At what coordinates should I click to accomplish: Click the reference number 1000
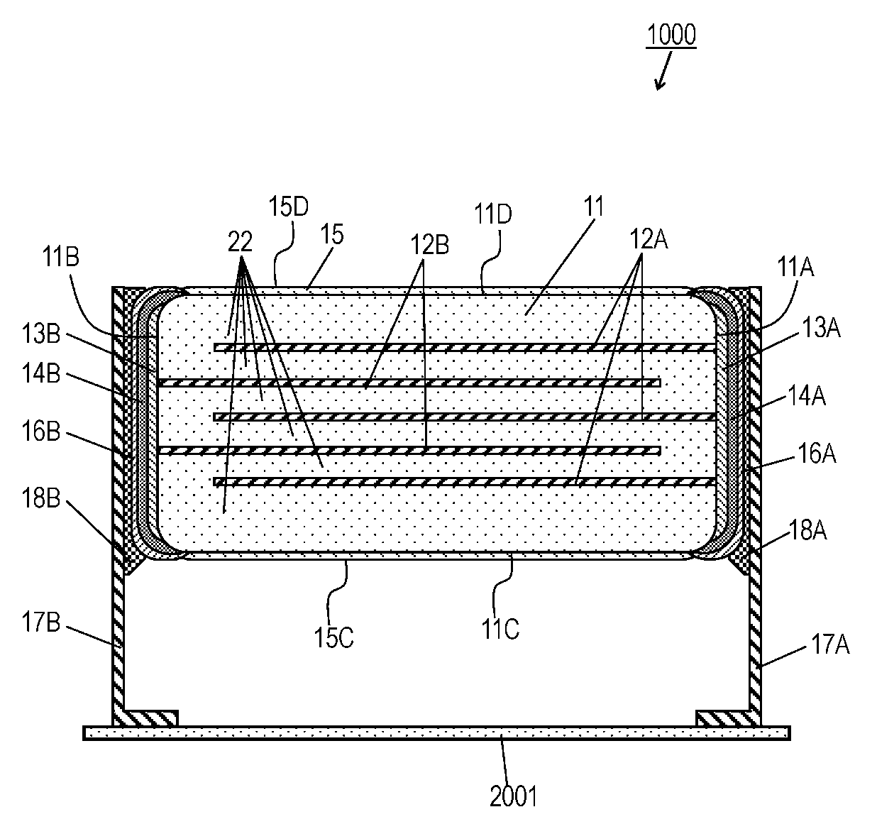click(671, 35)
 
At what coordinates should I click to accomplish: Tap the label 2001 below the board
click(514, 796)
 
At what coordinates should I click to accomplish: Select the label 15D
click(289, 207)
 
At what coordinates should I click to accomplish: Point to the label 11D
click(493, 214)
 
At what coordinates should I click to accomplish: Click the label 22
click(241, 242)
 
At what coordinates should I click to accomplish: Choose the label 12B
click(430, 244)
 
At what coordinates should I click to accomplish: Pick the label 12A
click(649, 239)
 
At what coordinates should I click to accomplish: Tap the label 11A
click(795, 267)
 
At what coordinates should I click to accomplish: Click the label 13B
click(41, 333)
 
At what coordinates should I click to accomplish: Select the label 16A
click(817, 453)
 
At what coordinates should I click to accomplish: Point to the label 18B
click(41, 498)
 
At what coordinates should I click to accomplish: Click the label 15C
click(334, 638)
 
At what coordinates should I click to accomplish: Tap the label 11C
click(500, 629)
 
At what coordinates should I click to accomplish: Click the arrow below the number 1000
click(663, 71)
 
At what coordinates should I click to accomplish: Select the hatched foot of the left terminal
click(151, 719)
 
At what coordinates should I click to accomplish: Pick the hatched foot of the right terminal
click(723, 719)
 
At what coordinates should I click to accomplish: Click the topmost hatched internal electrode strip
click(465, 348)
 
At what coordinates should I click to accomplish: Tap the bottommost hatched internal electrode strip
click(465, 482)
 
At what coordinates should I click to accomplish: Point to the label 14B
click(41, 373)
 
